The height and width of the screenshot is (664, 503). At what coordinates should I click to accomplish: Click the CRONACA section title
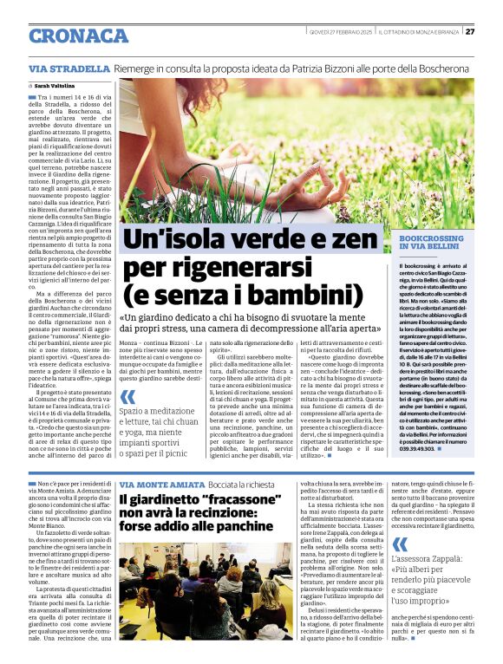[78, 36]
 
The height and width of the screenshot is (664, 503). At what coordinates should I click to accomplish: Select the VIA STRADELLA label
[62, 68]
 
